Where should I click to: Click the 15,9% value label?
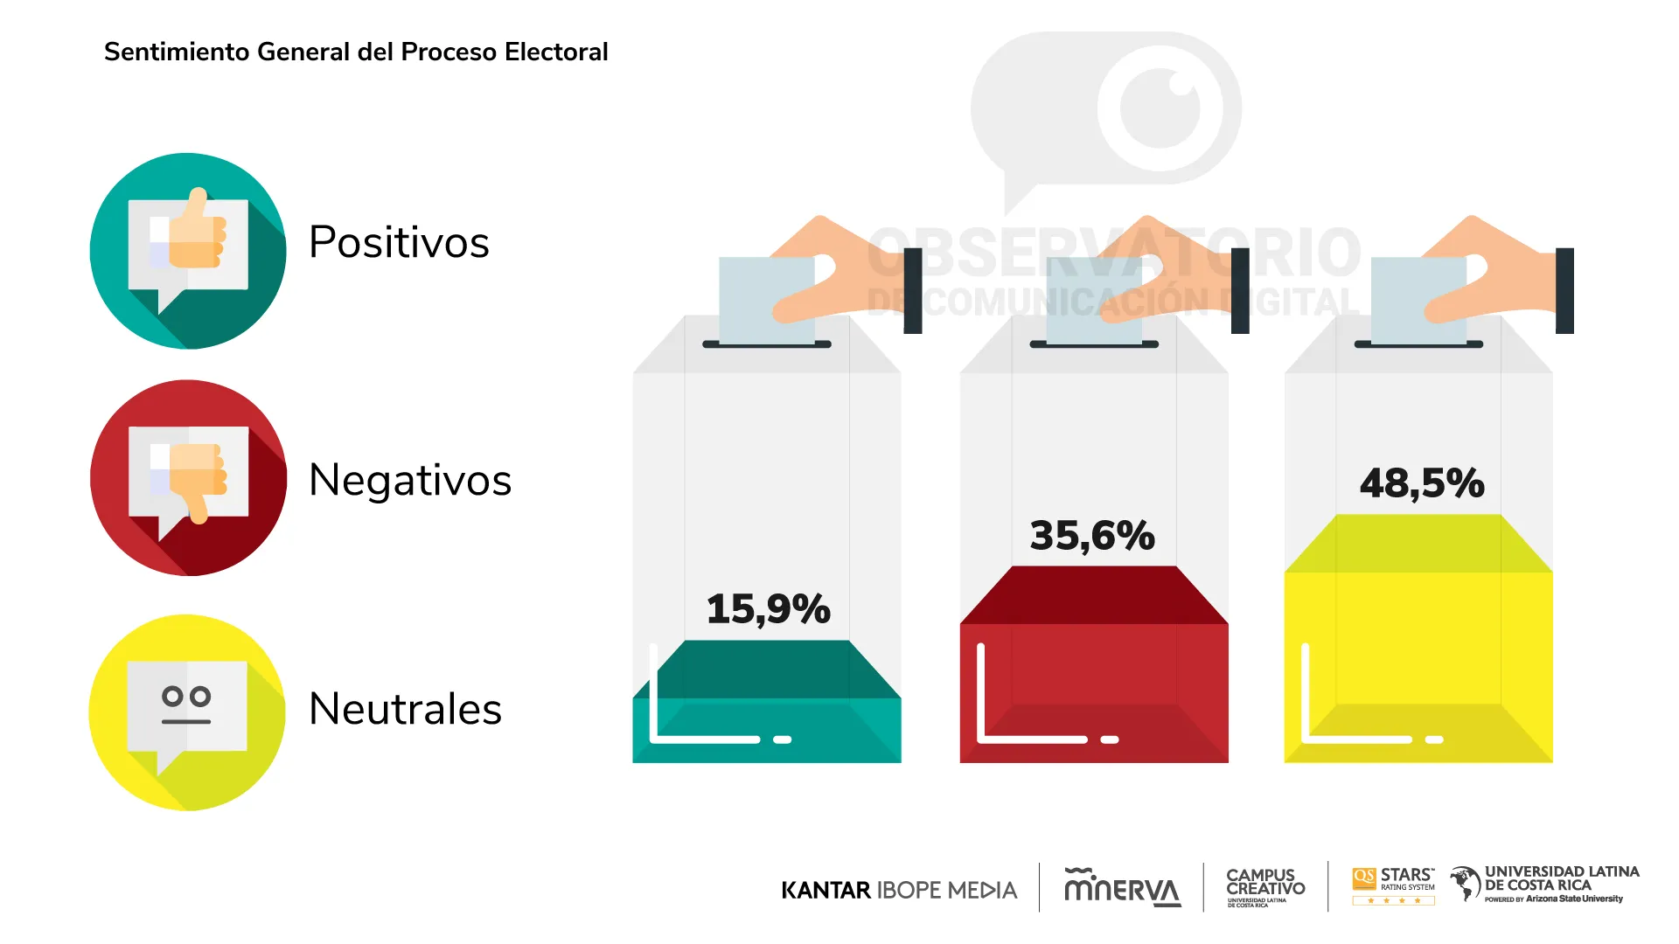pyautogui.click(x=768, y=608)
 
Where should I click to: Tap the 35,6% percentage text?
pyautogui.click(x=1092, y=535)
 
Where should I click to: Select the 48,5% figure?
pyautogui.click(x=1422, y=482)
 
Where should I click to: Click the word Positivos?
pyautogui.click(x=399, y=242)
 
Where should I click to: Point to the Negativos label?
pyautogui.click(x=409, y=480)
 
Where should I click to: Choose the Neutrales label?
pyautogui.click(x=405, y=709)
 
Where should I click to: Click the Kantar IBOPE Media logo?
pyautogui.click(x=899, y=890)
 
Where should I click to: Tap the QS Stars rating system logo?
pyautogui.click(x=1393, y=885)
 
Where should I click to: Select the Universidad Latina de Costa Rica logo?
pyautogui.click(x=1544, y=885)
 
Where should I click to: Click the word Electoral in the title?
pyautogui.click(x=556, y=52)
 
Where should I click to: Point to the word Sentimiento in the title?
pyautogui.click(x=177, y=52)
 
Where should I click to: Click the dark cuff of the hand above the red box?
pyautogui.click(x=1240, y=290)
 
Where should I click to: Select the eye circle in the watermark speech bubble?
pyautogui.click(x=1160, y=108)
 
